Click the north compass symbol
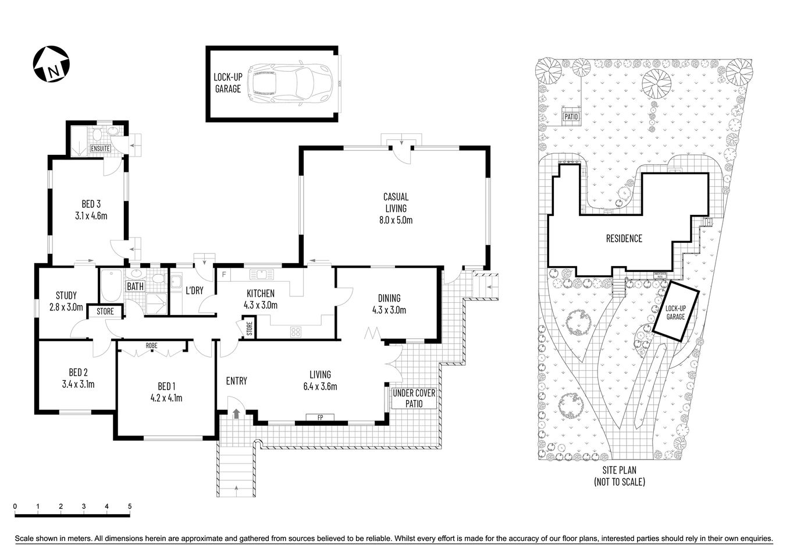tap(51, 64)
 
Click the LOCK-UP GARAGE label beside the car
tap(227, 83)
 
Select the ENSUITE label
tap(101, 148)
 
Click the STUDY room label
tap(66, 295)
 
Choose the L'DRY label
tap(194, 291)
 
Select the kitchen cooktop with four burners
tap(296, 332)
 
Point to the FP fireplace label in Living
tap(320, 417)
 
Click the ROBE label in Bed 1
tap(151, 345)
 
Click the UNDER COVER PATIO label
tap(414, 399)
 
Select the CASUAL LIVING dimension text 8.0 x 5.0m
tap(396, 220)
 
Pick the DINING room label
tap(389, 298)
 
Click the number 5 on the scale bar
tap(130, 507)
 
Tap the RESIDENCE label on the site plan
tap(624, 238)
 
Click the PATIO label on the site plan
tap(571, 116)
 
